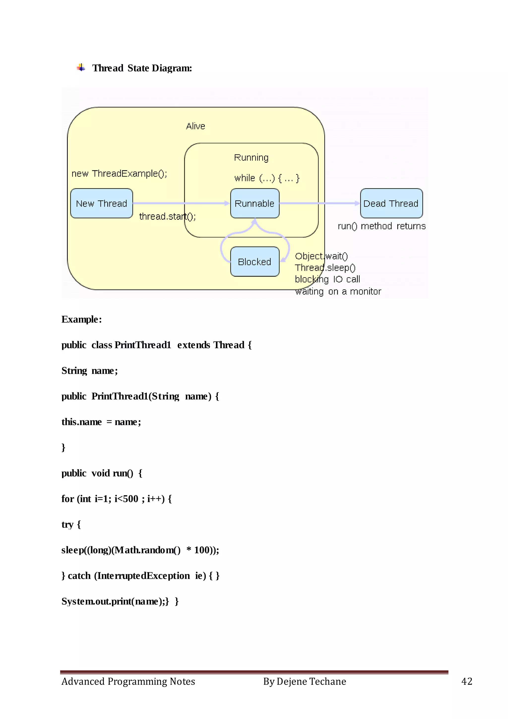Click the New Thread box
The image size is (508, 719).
coord(101,203)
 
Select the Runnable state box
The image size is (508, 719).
coord(255,203)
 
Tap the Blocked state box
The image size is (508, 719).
coord(255,261)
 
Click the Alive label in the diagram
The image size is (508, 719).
coord(195,126)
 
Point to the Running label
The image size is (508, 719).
coord(251,157)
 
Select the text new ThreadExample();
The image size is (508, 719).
coord(119,174)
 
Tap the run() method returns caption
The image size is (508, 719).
coord(382,226)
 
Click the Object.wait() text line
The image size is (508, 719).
coord(321,256)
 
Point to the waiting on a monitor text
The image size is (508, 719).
coord(338,291)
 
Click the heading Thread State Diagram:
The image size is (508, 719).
coord(142,68)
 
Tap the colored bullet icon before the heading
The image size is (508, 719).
coord(81,67)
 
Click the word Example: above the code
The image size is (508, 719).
coord(82,320)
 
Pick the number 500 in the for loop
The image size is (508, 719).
coord(130,499)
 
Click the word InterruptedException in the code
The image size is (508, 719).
coord(143,575)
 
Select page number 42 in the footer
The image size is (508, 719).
coord(467,682)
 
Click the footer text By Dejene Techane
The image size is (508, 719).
coord(304,682)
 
